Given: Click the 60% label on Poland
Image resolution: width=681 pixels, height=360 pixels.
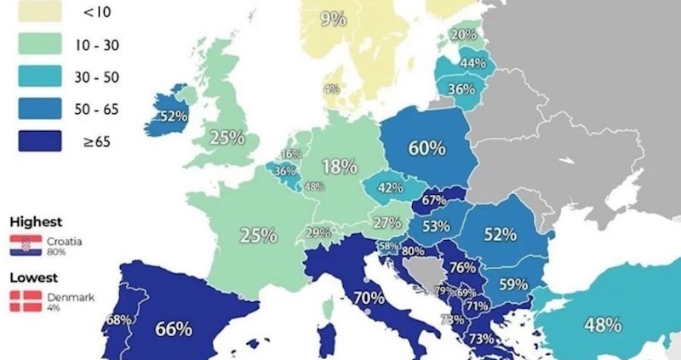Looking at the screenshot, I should [426, 148].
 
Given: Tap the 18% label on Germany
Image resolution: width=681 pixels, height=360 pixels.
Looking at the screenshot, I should [339, 167].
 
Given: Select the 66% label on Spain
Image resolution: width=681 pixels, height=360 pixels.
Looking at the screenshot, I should [173, 329].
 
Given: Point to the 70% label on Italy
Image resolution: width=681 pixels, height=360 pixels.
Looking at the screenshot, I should [369, 300].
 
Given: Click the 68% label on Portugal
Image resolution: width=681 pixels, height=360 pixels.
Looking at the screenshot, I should [117, 321].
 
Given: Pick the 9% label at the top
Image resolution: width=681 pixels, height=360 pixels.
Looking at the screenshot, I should [334, 19].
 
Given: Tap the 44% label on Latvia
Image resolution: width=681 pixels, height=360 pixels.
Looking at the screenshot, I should [472, 63].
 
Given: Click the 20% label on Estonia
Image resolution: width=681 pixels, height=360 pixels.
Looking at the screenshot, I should [463, 35].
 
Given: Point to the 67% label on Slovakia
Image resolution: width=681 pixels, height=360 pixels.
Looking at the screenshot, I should [434, 200].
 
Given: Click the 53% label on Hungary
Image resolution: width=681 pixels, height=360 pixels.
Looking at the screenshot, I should [436, 226].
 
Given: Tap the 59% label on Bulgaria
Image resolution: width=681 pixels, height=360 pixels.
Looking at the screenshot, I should [513, 285].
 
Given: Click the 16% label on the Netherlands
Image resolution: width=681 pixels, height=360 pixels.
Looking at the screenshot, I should [291, 154].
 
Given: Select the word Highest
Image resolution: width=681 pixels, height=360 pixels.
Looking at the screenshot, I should [37, 221].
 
